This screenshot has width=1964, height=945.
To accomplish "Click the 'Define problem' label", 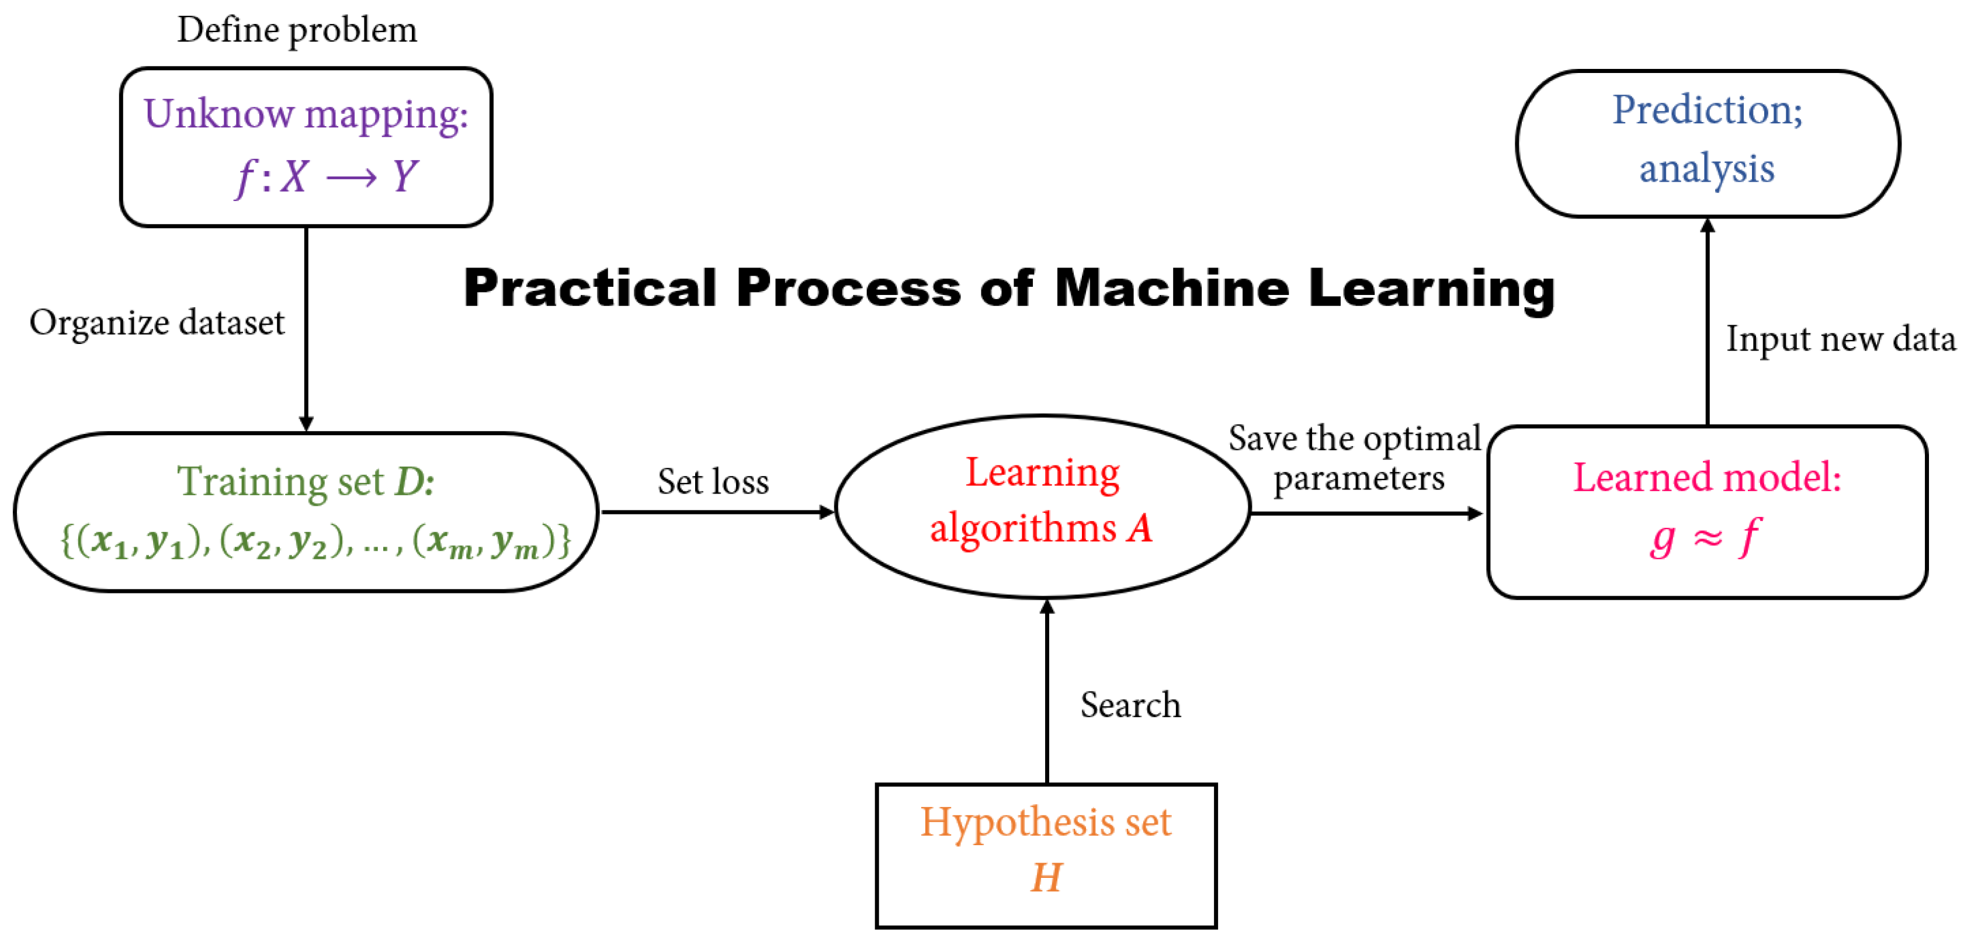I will (x=297, y=30).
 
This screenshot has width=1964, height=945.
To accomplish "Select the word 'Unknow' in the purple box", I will (x=218, y=114).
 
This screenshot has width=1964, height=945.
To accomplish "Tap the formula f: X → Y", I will (x=327, y=177).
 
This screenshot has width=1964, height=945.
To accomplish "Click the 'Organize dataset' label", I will (x=157, y=322).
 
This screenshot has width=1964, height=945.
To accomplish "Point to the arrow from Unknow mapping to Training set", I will (x=307, y=328).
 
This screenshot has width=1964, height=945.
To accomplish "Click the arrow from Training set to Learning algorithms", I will (x=717, y=512).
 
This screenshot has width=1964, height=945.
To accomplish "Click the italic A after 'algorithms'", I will (x=1140, y=528).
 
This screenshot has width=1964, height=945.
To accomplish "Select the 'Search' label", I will (x=1130, y=705).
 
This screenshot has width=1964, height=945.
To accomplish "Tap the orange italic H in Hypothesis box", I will (x=1046, y=877).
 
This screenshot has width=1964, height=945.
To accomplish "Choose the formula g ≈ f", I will (x=1706, y=537).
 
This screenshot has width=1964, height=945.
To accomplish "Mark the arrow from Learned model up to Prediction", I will (x=1708, y=320).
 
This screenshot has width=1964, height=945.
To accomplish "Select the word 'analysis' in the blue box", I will (x=1706, y=169).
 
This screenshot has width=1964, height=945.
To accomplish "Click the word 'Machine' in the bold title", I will (x=1172, y=289).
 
